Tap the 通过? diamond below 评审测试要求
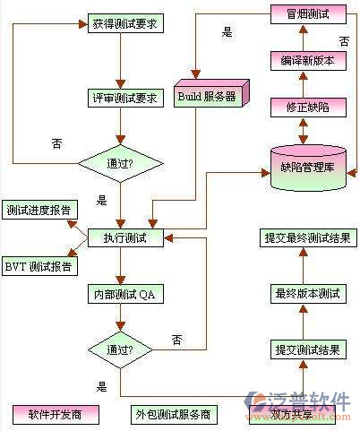(121, 163)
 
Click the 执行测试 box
(125, 238)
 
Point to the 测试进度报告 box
(39, 211)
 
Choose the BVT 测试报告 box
(40, 267)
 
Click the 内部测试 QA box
(125, 294)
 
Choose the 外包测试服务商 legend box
(174, 416)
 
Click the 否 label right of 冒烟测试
(344, 41)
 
